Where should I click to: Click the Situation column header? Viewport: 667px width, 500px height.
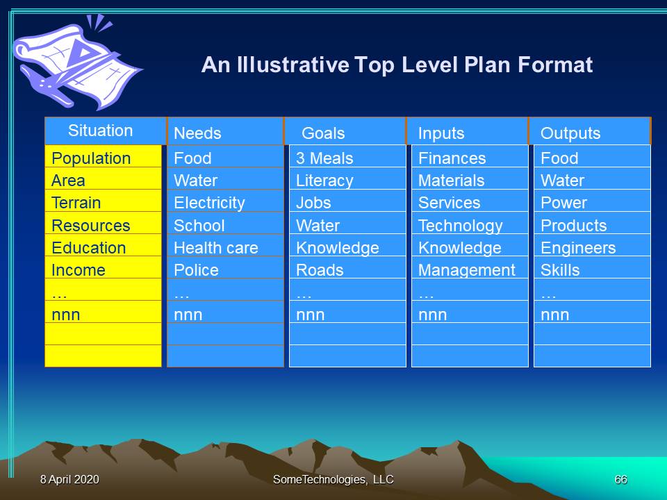click(x=105, y=131)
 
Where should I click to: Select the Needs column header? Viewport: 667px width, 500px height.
click(x=225, y=131)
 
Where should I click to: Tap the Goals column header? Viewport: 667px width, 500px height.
click(x=345, y=131)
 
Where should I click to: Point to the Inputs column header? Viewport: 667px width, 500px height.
click(x=468, y=131)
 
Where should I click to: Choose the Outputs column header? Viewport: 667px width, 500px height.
click(x=590, y=131)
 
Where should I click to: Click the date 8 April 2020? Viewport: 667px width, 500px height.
click(x=69, y=480)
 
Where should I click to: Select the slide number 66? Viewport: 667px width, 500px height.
click(x=620, y=480)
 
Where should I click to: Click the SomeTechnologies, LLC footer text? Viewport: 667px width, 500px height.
click(x=333, y=480)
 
